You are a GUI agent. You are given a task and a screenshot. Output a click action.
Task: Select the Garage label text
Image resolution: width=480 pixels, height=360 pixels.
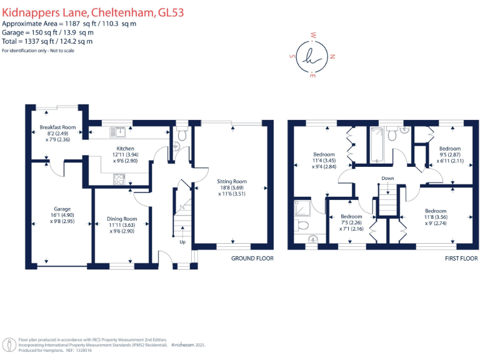coord(62,209)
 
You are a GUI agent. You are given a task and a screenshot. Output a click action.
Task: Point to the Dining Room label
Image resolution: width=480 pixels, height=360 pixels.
coord(121,219)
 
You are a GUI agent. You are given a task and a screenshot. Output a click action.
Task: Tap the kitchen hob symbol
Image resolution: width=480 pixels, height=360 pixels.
coord(119,179)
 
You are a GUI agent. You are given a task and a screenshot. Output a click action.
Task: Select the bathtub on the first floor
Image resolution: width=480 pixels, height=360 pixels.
coord(377,143)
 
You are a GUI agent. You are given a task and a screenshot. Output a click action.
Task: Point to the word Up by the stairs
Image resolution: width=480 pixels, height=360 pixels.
coord(182,242)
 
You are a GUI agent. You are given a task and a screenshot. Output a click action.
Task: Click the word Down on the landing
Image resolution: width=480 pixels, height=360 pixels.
coord(387,178)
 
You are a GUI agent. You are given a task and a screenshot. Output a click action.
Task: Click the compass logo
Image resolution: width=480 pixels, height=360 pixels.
coord(312,56)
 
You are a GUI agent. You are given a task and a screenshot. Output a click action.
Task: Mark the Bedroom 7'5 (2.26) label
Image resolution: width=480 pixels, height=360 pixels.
coord(351,217)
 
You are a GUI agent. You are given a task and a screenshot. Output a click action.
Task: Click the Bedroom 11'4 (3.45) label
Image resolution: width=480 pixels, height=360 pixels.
coord(324,154)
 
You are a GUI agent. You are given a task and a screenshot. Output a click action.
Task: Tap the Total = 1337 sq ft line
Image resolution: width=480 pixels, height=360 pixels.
coord(47,41)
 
